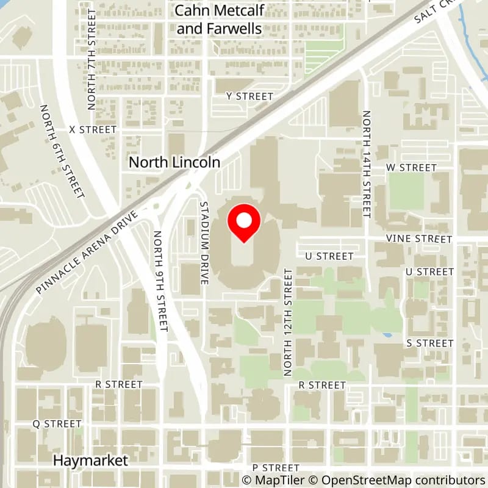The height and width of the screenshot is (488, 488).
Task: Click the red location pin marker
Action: pyautogui.click(x=244, y=223)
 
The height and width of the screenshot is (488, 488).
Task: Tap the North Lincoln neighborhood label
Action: pyautogui.click(x=174, y=163)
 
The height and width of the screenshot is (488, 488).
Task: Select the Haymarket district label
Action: pyautogui.click(x=90, y=461)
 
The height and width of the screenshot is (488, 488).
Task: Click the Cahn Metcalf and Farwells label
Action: pyautogui.click(x=218, y=20)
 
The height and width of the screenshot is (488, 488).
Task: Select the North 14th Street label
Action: pyautogui.click(x=367, y=163)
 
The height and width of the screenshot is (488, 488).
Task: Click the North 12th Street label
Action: pyautogui.click(x=289, y=322)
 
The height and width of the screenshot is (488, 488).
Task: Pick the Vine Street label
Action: pyautogui.click(x=418, y=239)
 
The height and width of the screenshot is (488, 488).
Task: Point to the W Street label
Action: pyautogui.click(x=412, y=168)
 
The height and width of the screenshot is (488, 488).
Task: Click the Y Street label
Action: pyautogui.click(x=249, y=96)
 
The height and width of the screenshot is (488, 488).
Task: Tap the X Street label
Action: pyautogui.click(x=93, y=130)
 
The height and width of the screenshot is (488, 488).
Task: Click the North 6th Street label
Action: pyautogui.click(x=62, y=151)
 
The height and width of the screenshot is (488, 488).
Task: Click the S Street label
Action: pyautogui.click(x=429, y=343)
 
